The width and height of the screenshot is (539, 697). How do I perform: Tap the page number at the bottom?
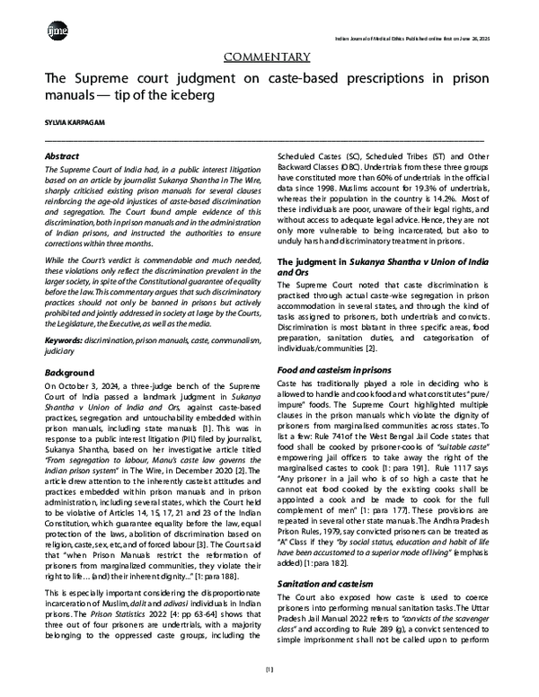pos(269,671)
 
